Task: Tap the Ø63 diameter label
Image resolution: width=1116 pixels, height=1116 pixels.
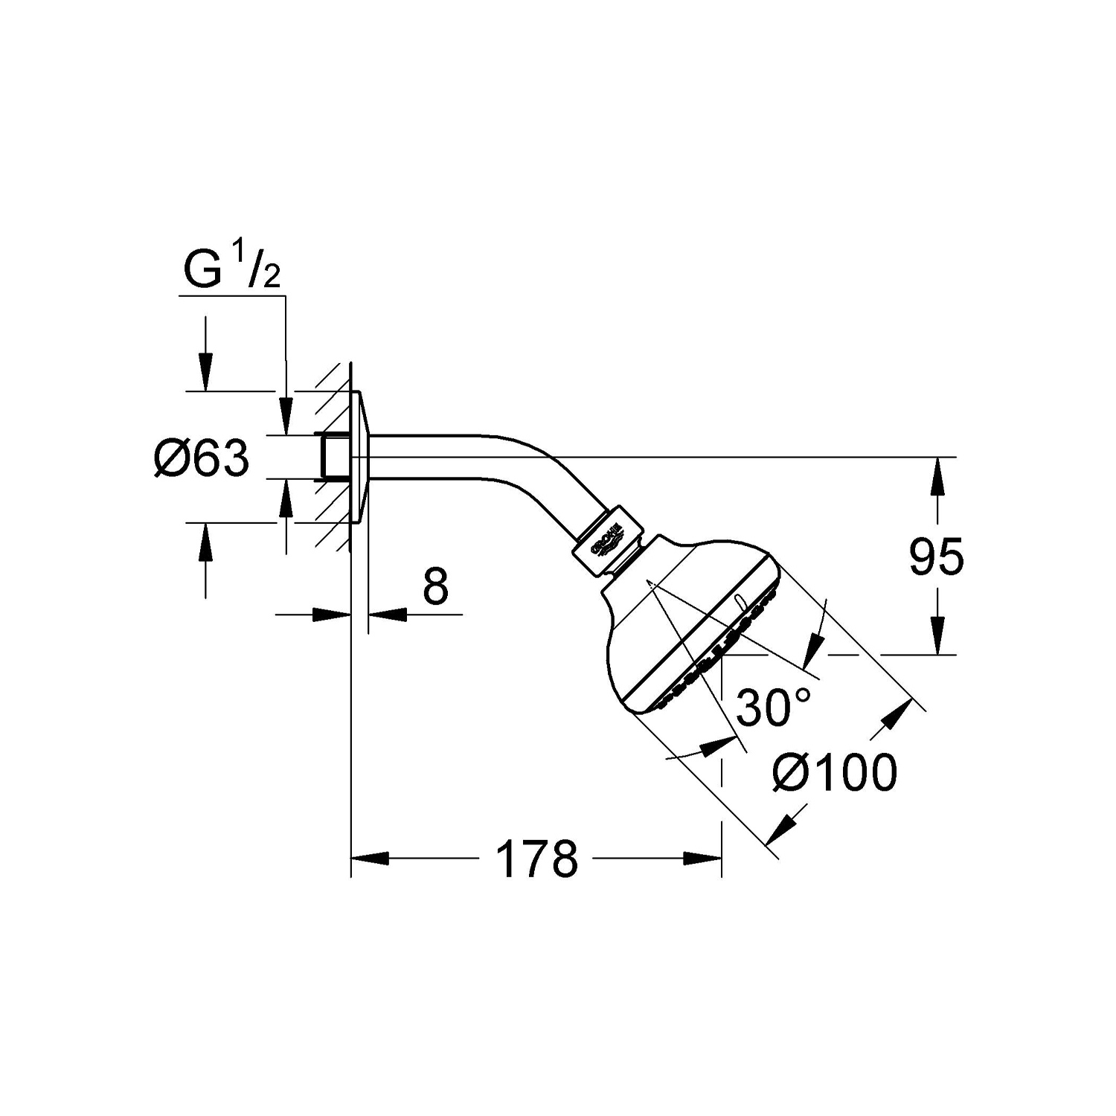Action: [x=201, y=458]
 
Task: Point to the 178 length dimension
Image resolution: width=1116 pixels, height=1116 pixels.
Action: [x=536, y=859]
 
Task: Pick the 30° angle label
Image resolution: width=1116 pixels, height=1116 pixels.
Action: [x=772, y=707]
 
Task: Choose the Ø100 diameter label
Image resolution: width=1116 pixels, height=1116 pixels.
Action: [x=835, y=773]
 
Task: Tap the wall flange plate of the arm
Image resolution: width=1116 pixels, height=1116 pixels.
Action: [x=360, y=457]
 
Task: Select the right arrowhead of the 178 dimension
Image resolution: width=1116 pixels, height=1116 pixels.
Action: [x=702, y=859]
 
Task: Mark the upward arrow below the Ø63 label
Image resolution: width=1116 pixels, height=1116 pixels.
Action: [x=206, y=542]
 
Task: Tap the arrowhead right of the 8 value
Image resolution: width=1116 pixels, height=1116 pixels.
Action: [x=387, y=615]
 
